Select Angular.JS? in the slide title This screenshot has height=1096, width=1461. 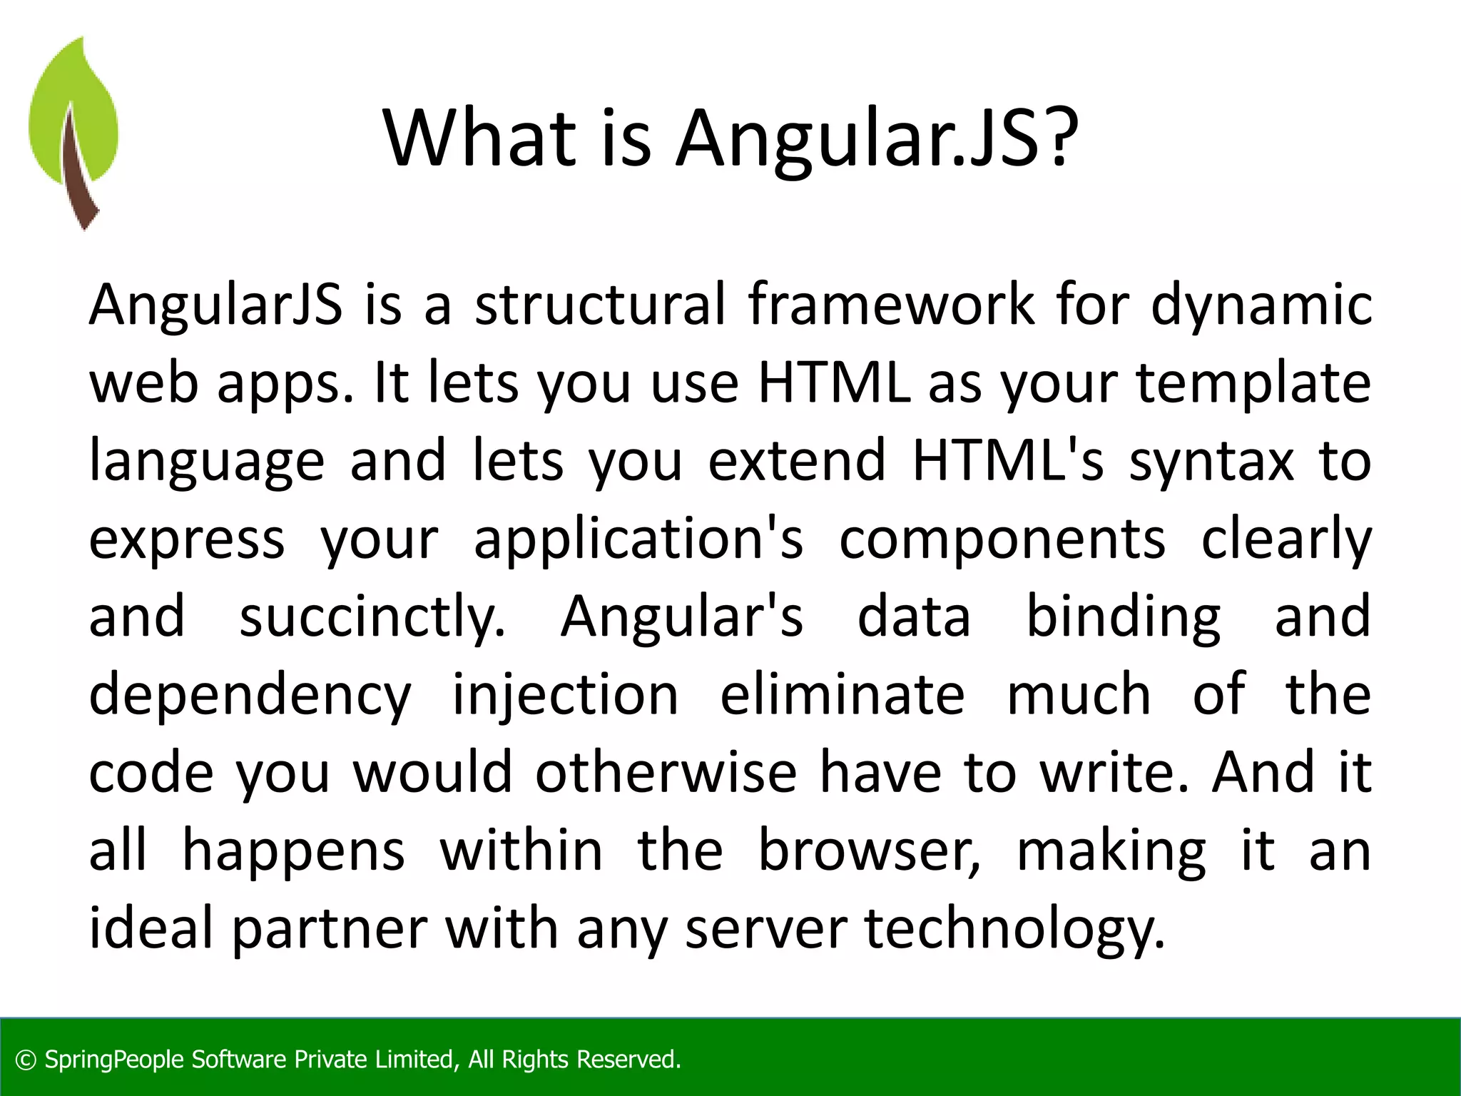coord(877,139)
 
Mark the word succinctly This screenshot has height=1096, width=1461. coord(372,618)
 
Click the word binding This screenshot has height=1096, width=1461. coord(1123,618)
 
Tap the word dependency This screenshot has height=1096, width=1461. coord(250,696)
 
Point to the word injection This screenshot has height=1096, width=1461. coord(565,696)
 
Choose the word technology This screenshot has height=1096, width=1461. coord(1014,930)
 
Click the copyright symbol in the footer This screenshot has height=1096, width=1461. coord(26,1060)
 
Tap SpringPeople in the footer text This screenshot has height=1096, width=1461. coord(115,1060)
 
